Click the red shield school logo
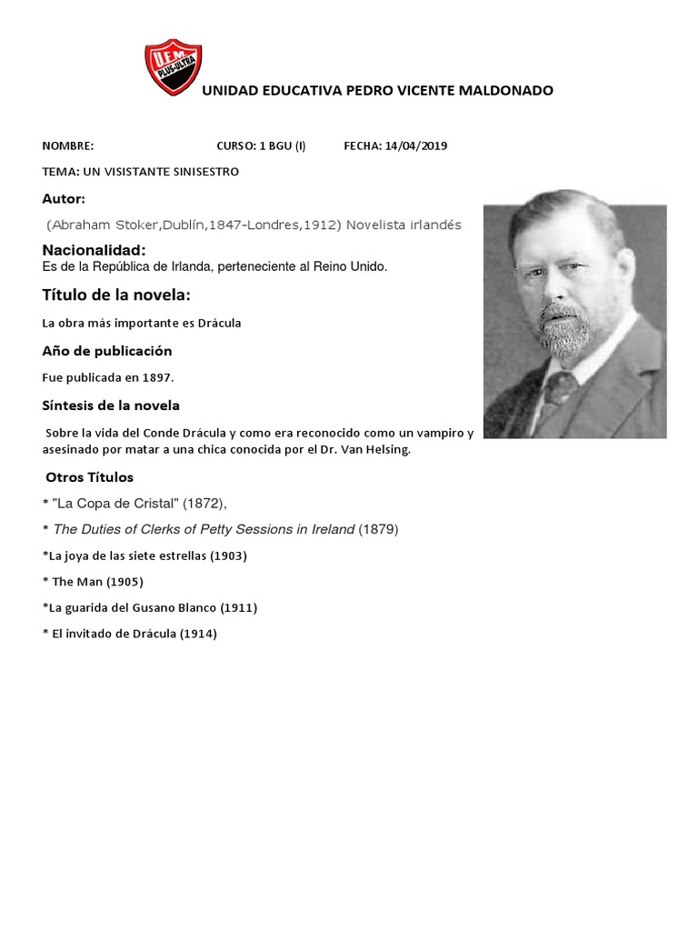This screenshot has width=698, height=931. [x=173, y=67]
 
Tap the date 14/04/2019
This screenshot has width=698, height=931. [x=416, y=145]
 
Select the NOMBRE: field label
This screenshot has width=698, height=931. [x=68, y=145]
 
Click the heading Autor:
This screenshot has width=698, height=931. [x=64, y=198]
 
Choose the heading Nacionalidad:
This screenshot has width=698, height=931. [x=94, y=250]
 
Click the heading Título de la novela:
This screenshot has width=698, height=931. [x=116, y=295]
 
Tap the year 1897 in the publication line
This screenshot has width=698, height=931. [x=157, y=376]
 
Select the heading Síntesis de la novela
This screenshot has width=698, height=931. [x=111, y=405]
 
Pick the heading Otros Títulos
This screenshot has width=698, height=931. [x=89, y=477]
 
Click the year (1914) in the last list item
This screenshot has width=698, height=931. [x=197, y=635]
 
